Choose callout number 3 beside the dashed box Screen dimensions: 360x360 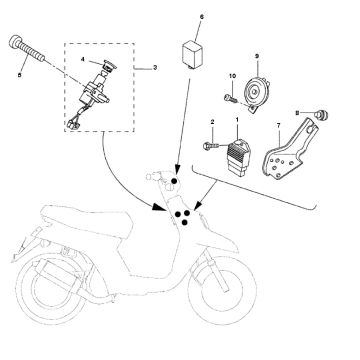point(155,68)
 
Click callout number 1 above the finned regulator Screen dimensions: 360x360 point(236,119)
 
